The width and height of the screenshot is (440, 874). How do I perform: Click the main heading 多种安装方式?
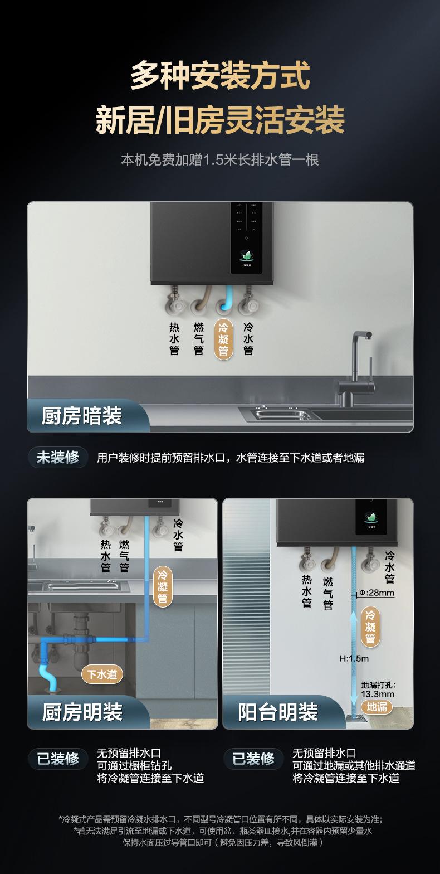point(220,76)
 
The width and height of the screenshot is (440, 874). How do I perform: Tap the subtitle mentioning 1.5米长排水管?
point(220,160)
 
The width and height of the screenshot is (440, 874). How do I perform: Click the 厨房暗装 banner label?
point(82,416)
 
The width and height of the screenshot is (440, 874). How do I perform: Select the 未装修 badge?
point(58,458)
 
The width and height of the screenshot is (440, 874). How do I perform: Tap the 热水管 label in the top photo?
point(174,338)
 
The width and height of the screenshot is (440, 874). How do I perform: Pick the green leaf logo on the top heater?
point(246,255)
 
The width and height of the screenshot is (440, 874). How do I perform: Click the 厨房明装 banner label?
point(82,712)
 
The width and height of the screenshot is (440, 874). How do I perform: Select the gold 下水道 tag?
point(102,674)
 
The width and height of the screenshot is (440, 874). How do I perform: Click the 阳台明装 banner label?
point(278,712)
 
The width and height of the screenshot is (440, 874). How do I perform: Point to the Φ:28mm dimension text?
point(377,593)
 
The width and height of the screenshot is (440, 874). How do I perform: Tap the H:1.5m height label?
point(354,658)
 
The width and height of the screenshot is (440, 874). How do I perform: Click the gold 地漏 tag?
point(377,706)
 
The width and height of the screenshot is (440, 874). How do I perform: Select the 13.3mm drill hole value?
point(378,694)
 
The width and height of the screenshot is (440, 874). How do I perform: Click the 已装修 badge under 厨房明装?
point(58,759)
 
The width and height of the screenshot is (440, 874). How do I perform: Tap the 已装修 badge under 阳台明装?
point(253,759)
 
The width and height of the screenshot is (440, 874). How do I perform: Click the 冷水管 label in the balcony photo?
point(390,567)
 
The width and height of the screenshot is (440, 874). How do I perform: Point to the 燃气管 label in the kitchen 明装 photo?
point(124,556)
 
